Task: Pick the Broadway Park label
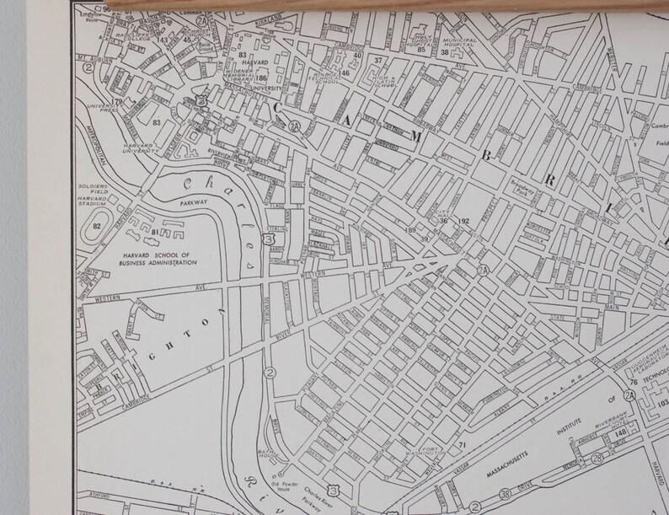[x=522, y=189]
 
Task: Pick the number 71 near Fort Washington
[x=462, y=443]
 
